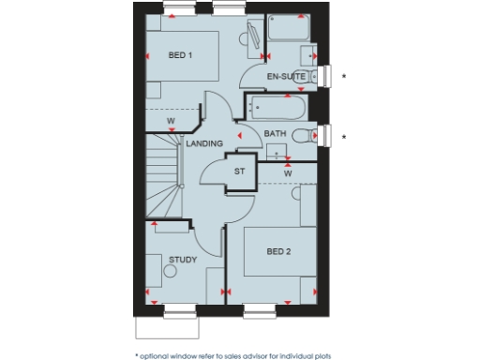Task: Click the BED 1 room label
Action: coord(180,56)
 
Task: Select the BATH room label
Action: coord(274,134)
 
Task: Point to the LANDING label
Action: coord(203,143)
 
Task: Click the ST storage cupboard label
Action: coord(239,172)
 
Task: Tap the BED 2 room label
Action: coord(278,251)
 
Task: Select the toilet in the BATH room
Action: coord(302,135)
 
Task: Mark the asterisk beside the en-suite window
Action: coord(344,75)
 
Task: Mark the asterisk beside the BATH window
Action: coord(344,138)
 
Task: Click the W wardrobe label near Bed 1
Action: coord(172,121)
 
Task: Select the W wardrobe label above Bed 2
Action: coord(288,173)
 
